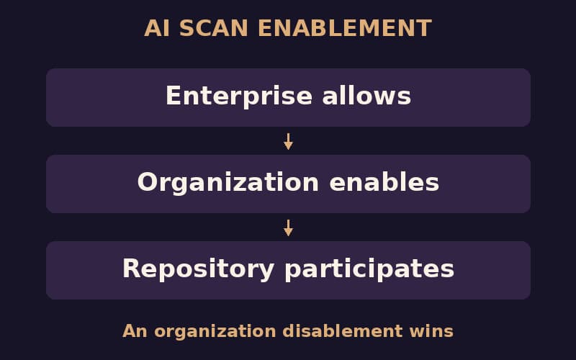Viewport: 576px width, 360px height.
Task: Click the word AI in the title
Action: [157, 28]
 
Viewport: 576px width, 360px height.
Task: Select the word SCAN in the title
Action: [214, 28]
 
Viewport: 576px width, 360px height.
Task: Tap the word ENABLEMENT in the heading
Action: [345, 28]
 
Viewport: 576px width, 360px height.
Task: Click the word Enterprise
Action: [239, 96]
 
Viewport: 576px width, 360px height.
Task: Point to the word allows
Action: [366, 96]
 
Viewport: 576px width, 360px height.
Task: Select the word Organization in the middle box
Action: [228, 183]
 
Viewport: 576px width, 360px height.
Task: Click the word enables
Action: [384, 182]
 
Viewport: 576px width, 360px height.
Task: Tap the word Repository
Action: [199, 269]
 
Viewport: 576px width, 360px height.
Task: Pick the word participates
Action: [369, 269]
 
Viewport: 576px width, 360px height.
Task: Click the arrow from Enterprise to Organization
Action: [289, 141]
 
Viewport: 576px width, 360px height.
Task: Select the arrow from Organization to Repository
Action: [289, 228]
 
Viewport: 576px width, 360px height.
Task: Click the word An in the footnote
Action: [135, 331]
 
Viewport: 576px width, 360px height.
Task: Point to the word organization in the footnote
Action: [215, 332]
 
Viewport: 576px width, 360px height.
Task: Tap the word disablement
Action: [343, 331]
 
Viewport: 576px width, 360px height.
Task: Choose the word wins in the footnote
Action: [431, 331]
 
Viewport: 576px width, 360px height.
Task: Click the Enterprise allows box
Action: [289, 97]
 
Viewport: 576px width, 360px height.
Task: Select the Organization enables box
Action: [289, 184]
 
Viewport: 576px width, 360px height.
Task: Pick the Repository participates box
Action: [289, 270]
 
